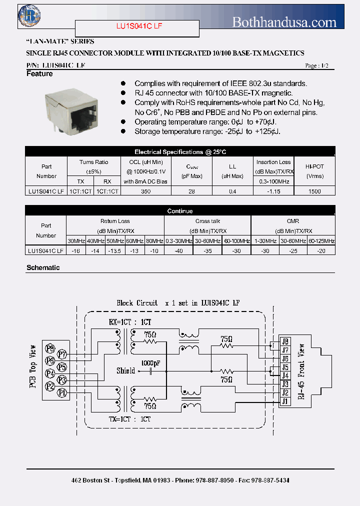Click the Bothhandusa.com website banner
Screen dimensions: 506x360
[284, 22]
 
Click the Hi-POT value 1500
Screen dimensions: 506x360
[314, 191]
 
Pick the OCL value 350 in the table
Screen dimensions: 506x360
[145, 191]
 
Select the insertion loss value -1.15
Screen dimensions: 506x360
[273, 191]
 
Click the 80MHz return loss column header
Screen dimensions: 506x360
[154, 241]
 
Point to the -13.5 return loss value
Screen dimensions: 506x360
[115, 250]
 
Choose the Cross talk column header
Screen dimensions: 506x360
[207, 221]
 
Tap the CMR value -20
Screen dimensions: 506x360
[321, 250]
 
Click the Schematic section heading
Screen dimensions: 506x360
[43, 268]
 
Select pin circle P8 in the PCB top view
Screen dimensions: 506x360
[50, 348]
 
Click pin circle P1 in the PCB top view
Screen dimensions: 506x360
[62, 393]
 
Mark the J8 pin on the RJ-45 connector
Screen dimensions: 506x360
[285, 341]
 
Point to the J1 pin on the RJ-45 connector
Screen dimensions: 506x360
[285, 401]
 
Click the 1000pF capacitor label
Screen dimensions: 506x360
[150, 362]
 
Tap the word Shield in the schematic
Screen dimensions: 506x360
[125, 370]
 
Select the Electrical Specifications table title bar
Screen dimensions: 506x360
[180, 152]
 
